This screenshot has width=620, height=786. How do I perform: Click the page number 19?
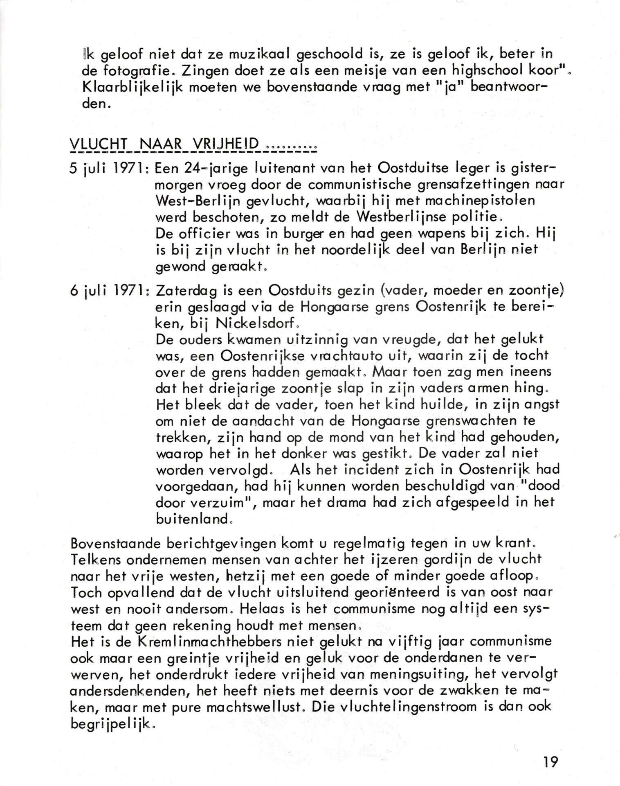point(550,762)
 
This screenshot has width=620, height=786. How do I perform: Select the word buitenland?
point(192,519)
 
